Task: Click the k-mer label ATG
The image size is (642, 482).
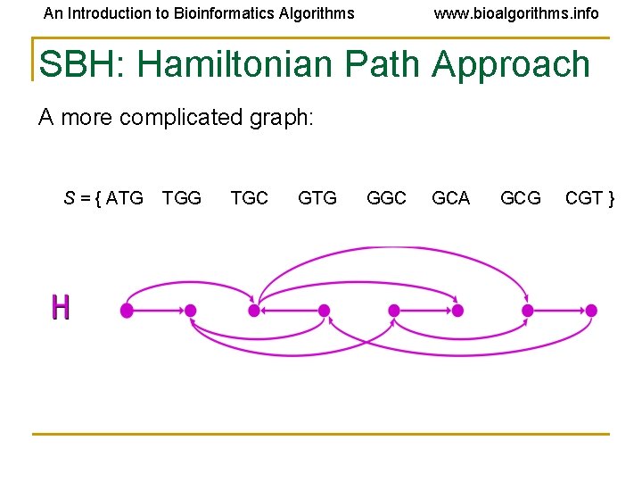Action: coord(125,198)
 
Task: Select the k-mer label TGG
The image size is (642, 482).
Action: coord(182,198)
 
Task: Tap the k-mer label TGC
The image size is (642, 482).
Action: coord(249,198)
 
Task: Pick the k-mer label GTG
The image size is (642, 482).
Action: coord(317,198)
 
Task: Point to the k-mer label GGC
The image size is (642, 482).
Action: coord(387,198)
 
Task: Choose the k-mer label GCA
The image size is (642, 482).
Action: coord(450,198)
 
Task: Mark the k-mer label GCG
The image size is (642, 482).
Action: coord(521,198)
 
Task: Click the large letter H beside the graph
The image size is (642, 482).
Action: coord(61,307)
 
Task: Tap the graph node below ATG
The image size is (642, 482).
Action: coord(127,311)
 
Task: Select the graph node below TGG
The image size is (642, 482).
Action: coord(191,311)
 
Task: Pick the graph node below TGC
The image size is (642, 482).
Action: coord(254,311)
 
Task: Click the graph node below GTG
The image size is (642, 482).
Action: coord(324,311)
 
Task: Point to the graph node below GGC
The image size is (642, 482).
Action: coord(393,311)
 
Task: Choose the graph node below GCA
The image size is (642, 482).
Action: coord(457,311)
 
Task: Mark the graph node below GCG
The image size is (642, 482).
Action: coord(527,311)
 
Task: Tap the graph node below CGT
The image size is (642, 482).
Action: coord(590,311)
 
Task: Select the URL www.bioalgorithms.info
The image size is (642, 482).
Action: coord(516,13)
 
